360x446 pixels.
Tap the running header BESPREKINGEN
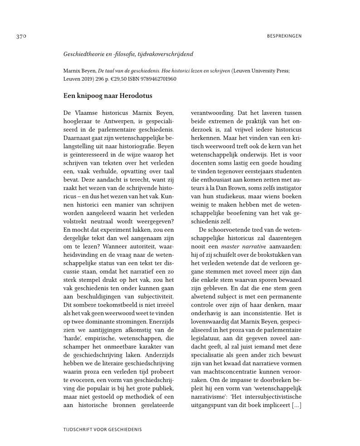point(284,36)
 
